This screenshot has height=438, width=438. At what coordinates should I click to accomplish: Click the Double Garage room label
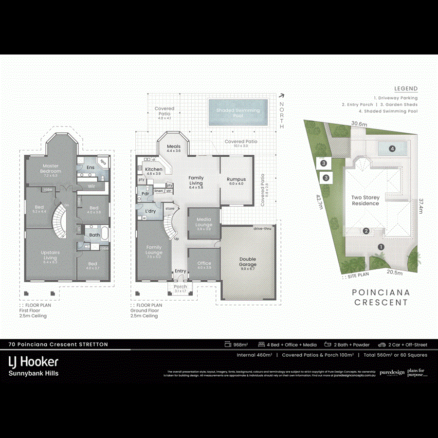(x=248, y=262)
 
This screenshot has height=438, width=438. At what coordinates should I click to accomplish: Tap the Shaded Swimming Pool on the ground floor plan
(x=238, y=113)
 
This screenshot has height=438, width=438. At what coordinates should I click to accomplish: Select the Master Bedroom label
(x=51, y=169)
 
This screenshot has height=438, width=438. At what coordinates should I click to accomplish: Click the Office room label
(x=204, y=265)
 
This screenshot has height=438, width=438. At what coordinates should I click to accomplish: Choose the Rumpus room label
(x=236, y=181)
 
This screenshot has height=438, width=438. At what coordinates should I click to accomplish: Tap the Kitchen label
(x=154, y=171)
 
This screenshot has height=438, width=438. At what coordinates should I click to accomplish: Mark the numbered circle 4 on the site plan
(x=391, y=148)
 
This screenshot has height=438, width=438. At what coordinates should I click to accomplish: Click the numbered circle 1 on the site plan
(x=381, y=247)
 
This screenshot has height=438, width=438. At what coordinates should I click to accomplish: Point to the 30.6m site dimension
(x=359, y=124)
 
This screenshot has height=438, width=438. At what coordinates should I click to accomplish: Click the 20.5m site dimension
(x=394, y=273)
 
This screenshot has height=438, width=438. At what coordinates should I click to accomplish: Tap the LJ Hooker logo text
(x=34, y=362)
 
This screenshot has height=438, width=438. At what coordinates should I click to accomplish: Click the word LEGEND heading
(x=405, y=89)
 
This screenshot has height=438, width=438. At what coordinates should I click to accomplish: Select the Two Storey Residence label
(x=365, y=201)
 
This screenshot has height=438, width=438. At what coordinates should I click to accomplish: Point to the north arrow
(x=281, y=97)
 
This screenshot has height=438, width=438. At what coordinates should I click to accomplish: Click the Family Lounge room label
(x=154, y=250)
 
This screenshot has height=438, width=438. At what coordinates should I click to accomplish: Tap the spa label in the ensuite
(x=103, y=163)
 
